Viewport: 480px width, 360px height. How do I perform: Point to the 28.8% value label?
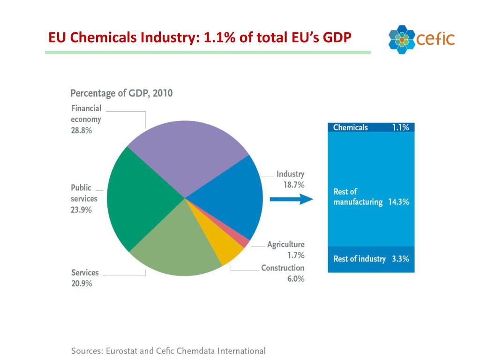(x=81, y=131)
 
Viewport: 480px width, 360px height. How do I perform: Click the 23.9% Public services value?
(x=81, y=210)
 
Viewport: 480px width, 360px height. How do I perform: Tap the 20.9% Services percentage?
(x=81, y=284)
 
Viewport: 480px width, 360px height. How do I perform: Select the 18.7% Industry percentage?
(x=293, y=185)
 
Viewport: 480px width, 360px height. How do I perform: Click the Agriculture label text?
(x=285, y=244)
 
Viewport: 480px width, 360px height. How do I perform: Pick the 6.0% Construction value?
(x=295, y=279)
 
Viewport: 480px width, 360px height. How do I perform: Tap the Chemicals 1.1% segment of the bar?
(x=371, y=127)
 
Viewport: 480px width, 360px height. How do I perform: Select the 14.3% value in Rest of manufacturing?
(x=398, y=202)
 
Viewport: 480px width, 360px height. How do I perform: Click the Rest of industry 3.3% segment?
(x=371, y=259)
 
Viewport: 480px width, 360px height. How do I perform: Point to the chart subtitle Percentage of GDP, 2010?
(x=121, y=93)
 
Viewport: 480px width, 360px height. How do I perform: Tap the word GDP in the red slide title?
(x=336, y=37)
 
